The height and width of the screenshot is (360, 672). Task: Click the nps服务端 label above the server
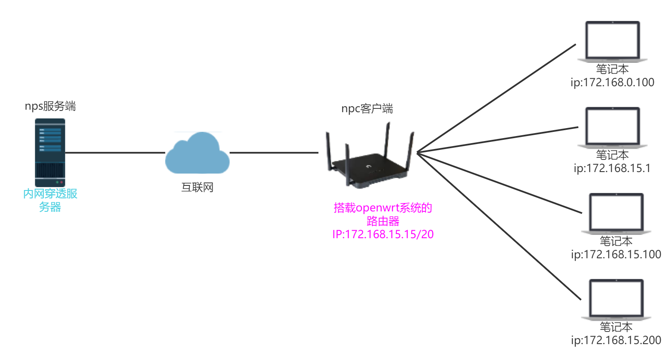50,106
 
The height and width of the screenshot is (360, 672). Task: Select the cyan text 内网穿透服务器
50,200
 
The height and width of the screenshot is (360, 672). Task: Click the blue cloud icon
197,154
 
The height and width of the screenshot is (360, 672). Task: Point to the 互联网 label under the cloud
197,187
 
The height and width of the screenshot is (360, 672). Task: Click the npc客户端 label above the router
367,109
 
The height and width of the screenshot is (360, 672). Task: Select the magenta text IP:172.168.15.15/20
382,234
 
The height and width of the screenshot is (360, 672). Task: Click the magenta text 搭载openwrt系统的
382,208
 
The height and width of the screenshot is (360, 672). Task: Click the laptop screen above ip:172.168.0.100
612,40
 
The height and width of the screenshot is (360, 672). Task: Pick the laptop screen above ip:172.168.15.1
612,126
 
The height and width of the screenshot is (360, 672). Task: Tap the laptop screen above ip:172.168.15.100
616,212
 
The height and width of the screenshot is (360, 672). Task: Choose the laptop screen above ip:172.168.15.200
616,298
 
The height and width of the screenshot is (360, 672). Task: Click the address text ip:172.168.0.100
612,82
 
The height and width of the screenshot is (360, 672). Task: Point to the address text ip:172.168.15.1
612,168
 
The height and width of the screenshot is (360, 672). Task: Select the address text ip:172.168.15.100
616,255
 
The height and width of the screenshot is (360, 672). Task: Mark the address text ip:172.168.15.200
616,340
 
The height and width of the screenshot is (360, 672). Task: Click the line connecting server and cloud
115,152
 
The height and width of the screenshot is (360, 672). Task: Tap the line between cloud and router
274,152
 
